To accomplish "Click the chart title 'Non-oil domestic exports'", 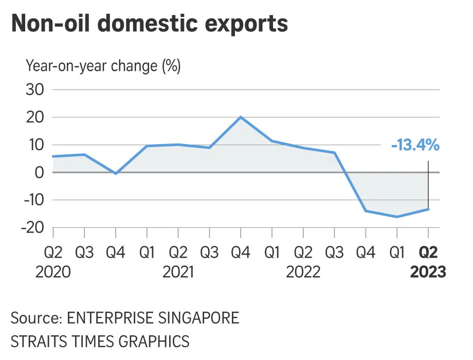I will pos(149,25).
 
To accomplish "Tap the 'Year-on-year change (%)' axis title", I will pos(103,66).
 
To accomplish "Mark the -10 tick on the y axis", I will pos(32,200).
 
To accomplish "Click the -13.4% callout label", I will pos(415,146).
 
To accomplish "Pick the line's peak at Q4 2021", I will pos(241,117).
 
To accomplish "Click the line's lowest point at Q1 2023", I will pos(397,217).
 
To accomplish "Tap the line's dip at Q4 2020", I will pos(116,174).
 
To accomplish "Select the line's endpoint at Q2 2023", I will pos(428,209).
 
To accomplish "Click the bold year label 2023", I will pos(428,272).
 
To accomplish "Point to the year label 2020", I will pos(53,272).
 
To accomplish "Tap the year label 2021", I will pos(178,272).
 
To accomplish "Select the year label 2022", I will pos(303,272).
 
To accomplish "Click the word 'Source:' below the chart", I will pos(35,317).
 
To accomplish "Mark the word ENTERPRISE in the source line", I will pos(108,317).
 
